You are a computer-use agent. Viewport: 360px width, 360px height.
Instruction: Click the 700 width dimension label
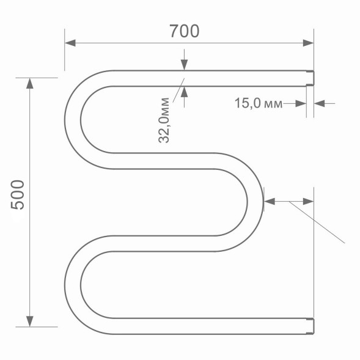pyautogui.click(x=184, y=31)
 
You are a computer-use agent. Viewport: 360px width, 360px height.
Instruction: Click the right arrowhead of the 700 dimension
pyautogui.click(x=308, y=43)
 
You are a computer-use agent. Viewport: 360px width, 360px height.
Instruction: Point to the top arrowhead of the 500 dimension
pyautogui.click(x=29, y=83)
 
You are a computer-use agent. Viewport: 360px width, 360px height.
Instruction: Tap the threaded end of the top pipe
pyautogui.click(x=309, y=78)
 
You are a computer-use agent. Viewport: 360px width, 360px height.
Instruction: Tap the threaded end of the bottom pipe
pyautogui.click(x=309, y=326)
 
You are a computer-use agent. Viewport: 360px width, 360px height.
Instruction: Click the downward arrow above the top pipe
pyautogui.click(x=184, y=65)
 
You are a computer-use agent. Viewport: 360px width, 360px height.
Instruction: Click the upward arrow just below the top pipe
pyautogui.click(x=184, y=91)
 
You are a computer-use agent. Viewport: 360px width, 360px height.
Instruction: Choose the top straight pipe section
pyautogui.click(x=208, y=78)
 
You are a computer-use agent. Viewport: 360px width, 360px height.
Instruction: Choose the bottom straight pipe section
pyautogui.click(x=208, y=326)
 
